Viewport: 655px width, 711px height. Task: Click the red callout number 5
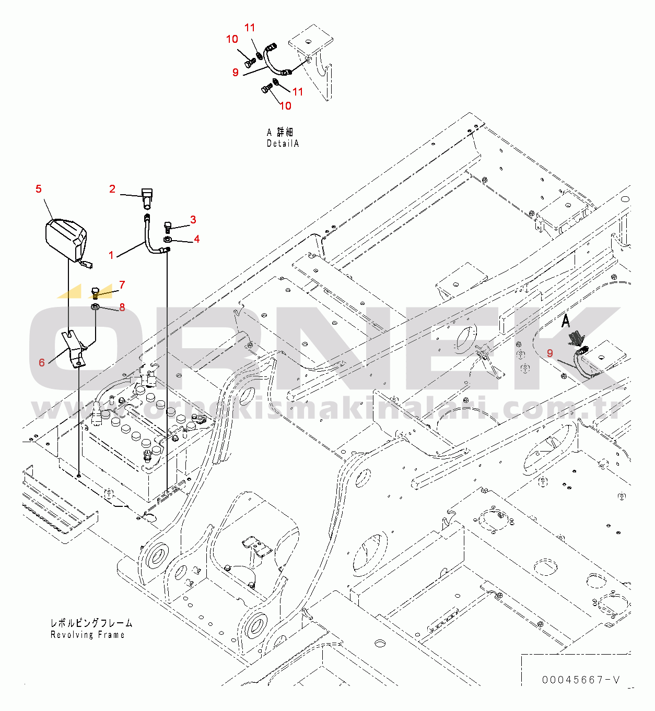[39, 189]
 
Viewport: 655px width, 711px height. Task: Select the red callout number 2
[112, 189]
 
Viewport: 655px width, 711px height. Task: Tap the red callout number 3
[193, 219]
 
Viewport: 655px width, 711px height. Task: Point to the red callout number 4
[196, 239]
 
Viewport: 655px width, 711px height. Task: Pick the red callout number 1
[111, 255]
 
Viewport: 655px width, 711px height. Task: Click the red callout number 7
[122, 285]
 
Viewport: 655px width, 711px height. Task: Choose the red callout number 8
[122, 307]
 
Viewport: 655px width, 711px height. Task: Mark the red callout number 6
[42, 363]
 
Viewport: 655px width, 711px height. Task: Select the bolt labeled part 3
[168, 227]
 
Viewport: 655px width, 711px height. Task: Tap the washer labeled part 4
[167, 240]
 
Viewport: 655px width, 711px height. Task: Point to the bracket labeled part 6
[75, 349]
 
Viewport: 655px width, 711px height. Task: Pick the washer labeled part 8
[95, 306]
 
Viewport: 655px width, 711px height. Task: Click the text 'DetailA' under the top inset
[283, 144]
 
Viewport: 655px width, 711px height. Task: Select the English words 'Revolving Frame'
[87, 634]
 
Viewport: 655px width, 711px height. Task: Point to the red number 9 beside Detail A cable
[236, 73]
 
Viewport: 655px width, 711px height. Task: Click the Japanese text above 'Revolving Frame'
[91, 623]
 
